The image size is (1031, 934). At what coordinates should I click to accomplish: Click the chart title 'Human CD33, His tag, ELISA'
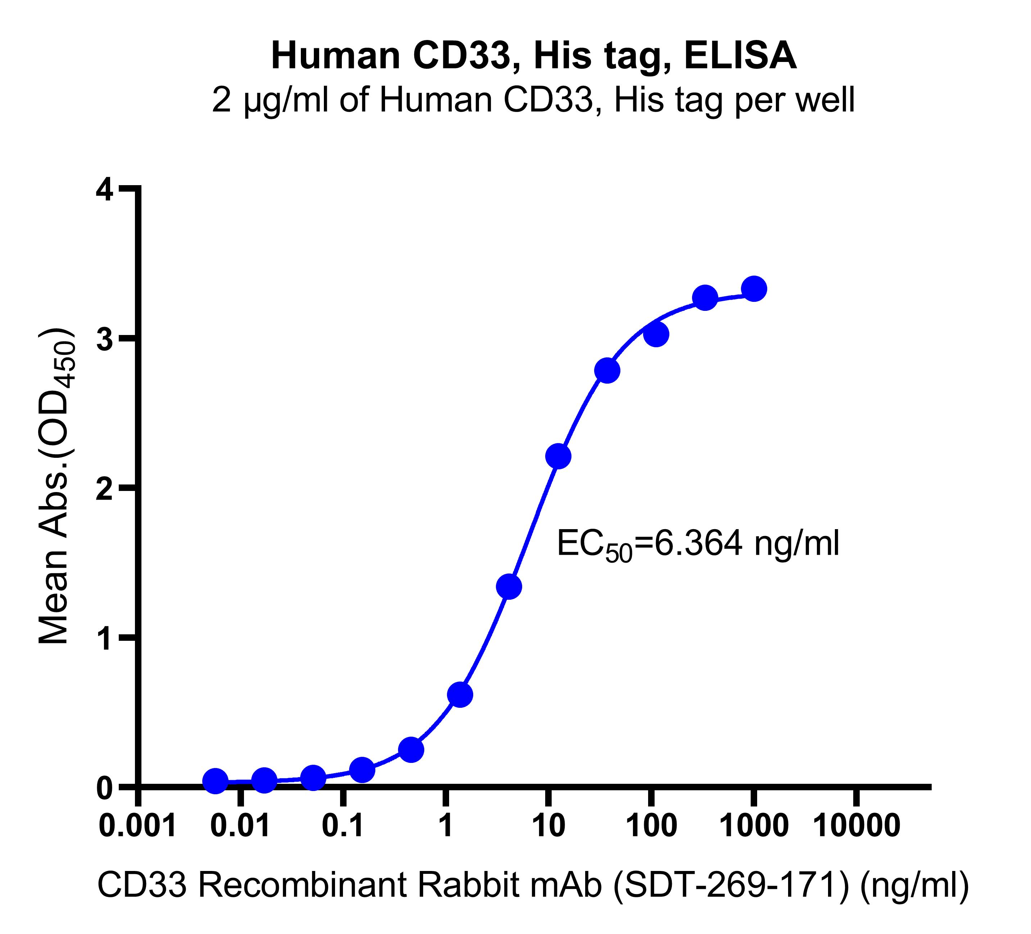point(533,56)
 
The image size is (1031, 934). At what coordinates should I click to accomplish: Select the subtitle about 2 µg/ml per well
point(533,100)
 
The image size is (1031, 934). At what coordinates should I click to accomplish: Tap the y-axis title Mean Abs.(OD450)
point(56,486)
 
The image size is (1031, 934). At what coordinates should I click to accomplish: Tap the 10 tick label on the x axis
point(548,826)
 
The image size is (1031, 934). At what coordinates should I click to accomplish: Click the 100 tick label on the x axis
point(651,826)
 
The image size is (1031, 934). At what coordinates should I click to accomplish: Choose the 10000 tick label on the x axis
point(856,826)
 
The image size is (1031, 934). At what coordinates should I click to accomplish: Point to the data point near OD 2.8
point(607,371)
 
